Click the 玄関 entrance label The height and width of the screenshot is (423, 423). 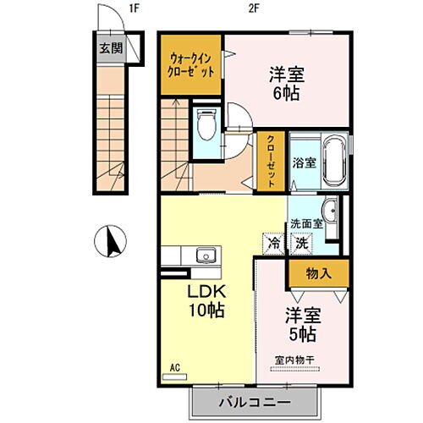pyautogui.click(x=108, y=48)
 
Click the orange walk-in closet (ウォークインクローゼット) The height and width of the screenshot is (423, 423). pyautogui.click(x=191, y=63)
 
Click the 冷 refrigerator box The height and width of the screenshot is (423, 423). pyautogui.click(x=275, y=241)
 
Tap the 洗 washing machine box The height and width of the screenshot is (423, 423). pyautogui.click(x=300, y=241)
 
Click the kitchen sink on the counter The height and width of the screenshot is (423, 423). pyautogui.click(x=205, y=255)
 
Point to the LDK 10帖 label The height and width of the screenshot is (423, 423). pyautogui.click(x=206, y=300)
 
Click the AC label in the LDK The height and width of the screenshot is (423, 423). pyautogui.click(x=176, y=367)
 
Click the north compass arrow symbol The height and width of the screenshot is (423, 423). pyautogui.click(x=110, y=242)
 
